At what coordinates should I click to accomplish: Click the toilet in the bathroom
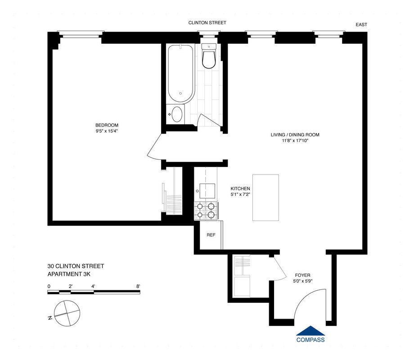pyautogui.click(x=209, y=57)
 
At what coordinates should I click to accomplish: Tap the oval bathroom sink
pyautogui.click(x=177, y=114)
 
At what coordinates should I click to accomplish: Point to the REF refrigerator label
pyautogui.click(x=211, y=235)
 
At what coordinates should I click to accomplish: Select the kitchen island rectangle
pyautogui.click(x=265, y=197)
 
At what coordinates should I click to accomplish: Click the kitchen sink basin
pyautogui.click(x=207, y=190)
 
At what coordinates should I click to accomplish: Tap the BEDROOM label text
pyautogui.click(x=107, y=125)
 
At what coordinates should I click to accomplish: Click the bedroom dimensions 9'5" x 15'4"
pyautogui.click(x=107, y=131)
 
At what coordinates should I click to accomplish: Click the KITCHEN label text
pyautogui.click(x=240, y=189)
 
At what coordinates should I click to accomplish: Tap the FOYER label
pyautogui.click(x=302, y=275)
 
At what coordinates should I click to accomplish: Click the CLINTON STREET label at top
pyautogui.click(x=207, y=22)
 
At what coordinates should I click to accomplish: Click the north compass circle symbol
pyautogui.click(x=65, y=311)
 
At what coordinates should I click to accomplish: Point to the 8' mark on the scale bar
pyautogui.click(x=138, y=286)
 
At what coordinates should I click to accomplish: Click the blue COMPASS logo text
pyautogui.click(x=310, y=340)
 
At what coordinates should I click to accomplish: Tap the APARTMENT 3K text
pyautogui.click(x=70, y=274)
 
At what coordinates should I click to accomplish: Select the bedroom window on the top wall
pyautogui.click(x=81, y=33)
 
